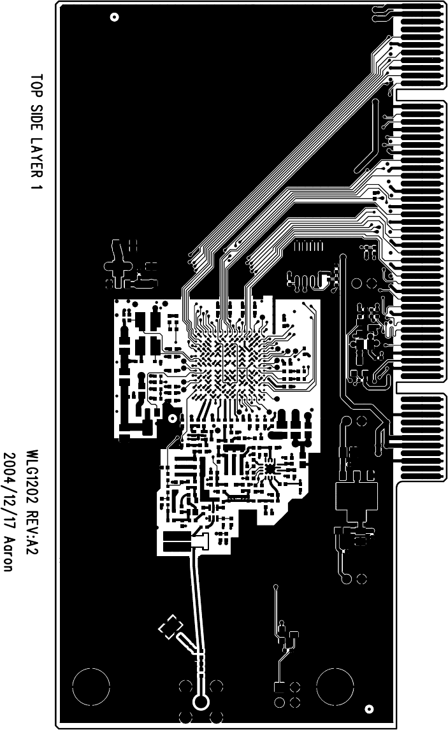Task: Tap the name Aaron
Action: point(11,552)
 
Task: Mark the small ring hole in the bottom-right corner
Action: point(368,708)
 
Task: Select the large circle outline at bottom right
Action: point(335,687)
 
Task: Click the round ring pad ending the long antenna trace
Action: point(200,702)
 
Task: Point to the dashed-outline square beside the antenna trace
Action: point(170,627)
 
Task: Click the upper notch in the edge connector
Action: point(421,95)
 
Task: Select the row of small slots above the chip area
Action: point(308,245)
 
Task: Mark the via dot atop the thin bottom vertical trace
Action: point(276,586)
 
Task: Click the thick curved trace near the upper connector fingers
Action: point(370,140)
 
